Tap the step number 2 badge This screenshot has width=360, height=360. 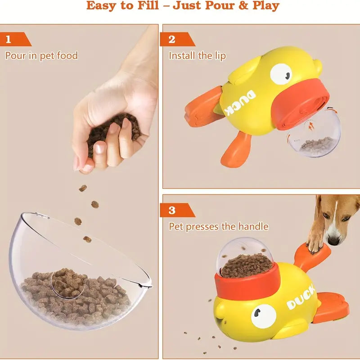point(171,39)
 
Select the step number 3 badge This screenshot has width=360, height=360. point(172,210)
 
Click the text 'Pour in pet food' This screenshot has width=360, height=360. point(41,56)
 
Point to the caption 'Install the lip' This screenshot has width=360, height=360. point(197,56)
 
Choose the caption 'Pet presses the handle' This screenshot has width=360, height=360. point(218,226)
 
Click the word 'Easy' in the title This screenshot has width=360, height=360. point(103,6)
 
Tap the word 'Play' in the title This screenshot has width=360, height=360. point(265,6)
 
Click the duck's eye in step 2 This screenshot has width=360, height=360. point(281,73)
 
